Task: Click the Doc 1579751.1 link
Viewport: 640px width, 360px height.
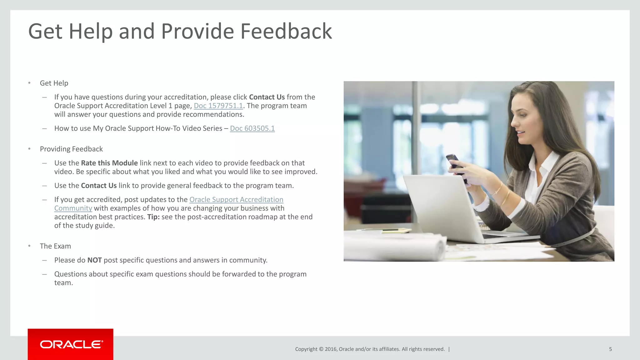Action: coord(218,106)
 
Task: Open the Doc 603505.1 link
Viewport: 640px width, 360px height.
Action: coord(252,128)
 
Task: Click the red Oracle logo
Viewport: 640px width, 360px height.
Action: coord(71,344)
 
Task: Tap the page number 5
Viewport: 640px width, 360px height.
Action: coord(610,349)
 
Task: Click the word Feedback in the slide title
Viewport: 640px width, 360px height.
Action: coord(286,31)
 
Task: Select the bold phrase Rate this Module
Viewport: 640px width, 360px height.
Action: coord(109,163)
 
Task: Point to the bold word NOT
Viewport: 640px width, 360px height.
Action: coord(94,260)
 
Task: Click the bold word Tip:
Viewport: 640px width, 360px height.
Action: coord(153,217)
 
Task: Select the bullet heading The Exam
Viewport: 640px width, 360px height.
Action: coord(55,246)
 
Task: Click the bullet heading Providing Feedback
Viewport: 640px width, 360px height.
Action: coord(71,149)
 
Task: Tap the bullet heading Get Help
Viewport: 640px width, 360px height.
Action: coord(54,83)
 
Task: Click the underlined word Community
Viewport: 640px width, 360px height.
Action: coord(73,208)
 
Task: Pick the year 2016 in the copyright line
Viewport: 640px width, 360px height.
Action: coord(331,349)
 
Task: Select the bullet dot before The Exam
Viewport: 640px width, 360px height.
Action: coord(29,246)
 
